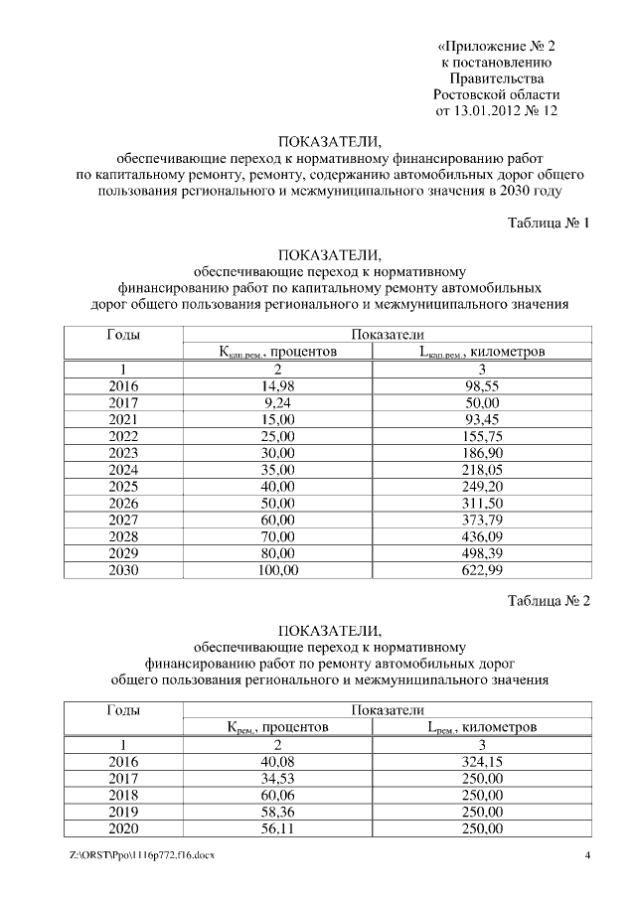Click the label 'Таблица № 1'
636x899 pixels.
pos(549,223)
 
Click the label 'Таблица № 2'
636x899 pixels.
pos(549,601)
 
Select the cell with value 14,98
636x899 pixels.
pos(277,385)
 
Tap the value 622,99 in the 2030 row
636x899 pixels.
pos(482,570)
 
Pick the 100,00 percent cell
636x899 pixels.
pos(277,570)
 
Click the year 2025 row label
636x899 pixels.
pos(122,487)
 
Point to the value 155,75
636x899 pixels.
pos(482,436)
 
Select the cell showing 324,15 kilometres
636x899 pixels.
pos(482,761)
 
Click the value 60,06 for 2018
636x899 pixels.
pos(277,795)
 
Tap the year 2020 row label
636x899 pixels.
pos(122,828)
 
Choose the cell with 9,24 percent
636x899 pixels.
pos(277,402)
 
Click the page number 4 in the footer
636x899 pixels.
pos(587,855)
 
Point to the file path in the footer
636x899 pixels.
pos(140,855)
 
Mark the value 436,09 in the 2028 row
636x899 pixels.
pos(482,536)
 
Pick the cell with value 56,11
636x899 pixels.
pos(277,828)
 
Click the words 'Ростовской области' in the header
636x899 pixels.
pos(496,94)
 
